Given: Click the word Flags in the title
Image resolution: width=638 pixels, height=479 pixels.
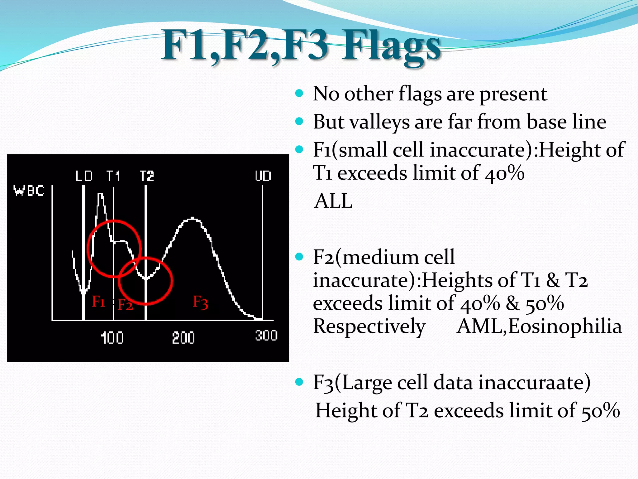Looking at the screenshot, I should (x=391, y=47).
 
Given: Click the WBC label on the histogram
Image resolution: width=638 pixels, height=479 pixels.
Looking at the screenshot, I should (x=29, y=191).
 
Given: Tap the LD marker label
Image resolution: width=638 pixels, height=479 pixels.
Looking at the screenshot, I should (x=84, y=176).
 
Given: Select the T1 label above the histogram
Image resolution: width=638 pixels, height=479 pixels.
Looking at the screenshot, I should (x=113, y=176).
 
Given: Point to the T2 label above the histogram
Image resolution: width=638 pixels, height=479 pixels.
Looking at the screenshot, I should (x=147, y=176).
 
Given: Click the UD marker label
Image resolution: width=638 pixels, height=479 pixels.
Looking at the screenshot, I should (x=263, y=176).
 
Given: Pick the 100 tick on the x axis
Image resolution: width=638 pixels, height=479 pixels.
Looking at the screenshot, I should (x=112, y=338).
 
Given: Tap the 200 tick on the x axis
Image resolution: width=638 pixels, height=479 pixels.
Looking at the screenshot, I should (x=183, y=338).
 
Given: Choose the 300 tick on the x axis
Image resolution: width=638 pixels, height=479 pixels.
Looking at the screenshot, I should (x=266, y=336).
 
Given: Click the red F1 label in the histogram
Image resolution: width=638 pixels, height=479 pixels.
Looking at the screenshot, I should (x=98, y=302).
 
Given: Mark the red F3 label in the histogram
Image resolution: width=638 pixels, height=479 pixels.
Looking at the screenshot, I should (x=200, y=302).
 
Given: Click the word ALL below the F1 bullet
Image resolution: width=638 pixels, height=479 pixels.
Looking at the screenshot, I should (x=333, y=201).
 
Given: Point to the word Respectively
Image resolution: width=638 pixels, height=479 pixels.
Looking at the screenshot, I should (x=369, y=327).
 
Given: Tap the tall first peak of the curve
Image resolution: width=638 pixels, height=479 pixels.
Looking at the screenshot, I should (x=100, y=195).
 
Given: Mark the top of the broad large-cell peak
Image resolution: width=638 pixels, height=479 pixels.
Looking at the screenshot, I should (x=192, y=218).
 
